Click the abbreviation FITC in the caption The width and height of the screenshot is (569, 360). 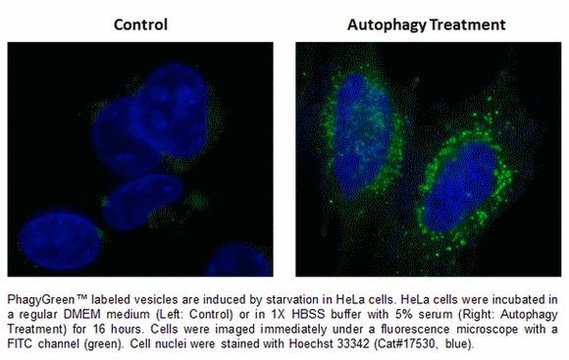pos(22,338)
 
